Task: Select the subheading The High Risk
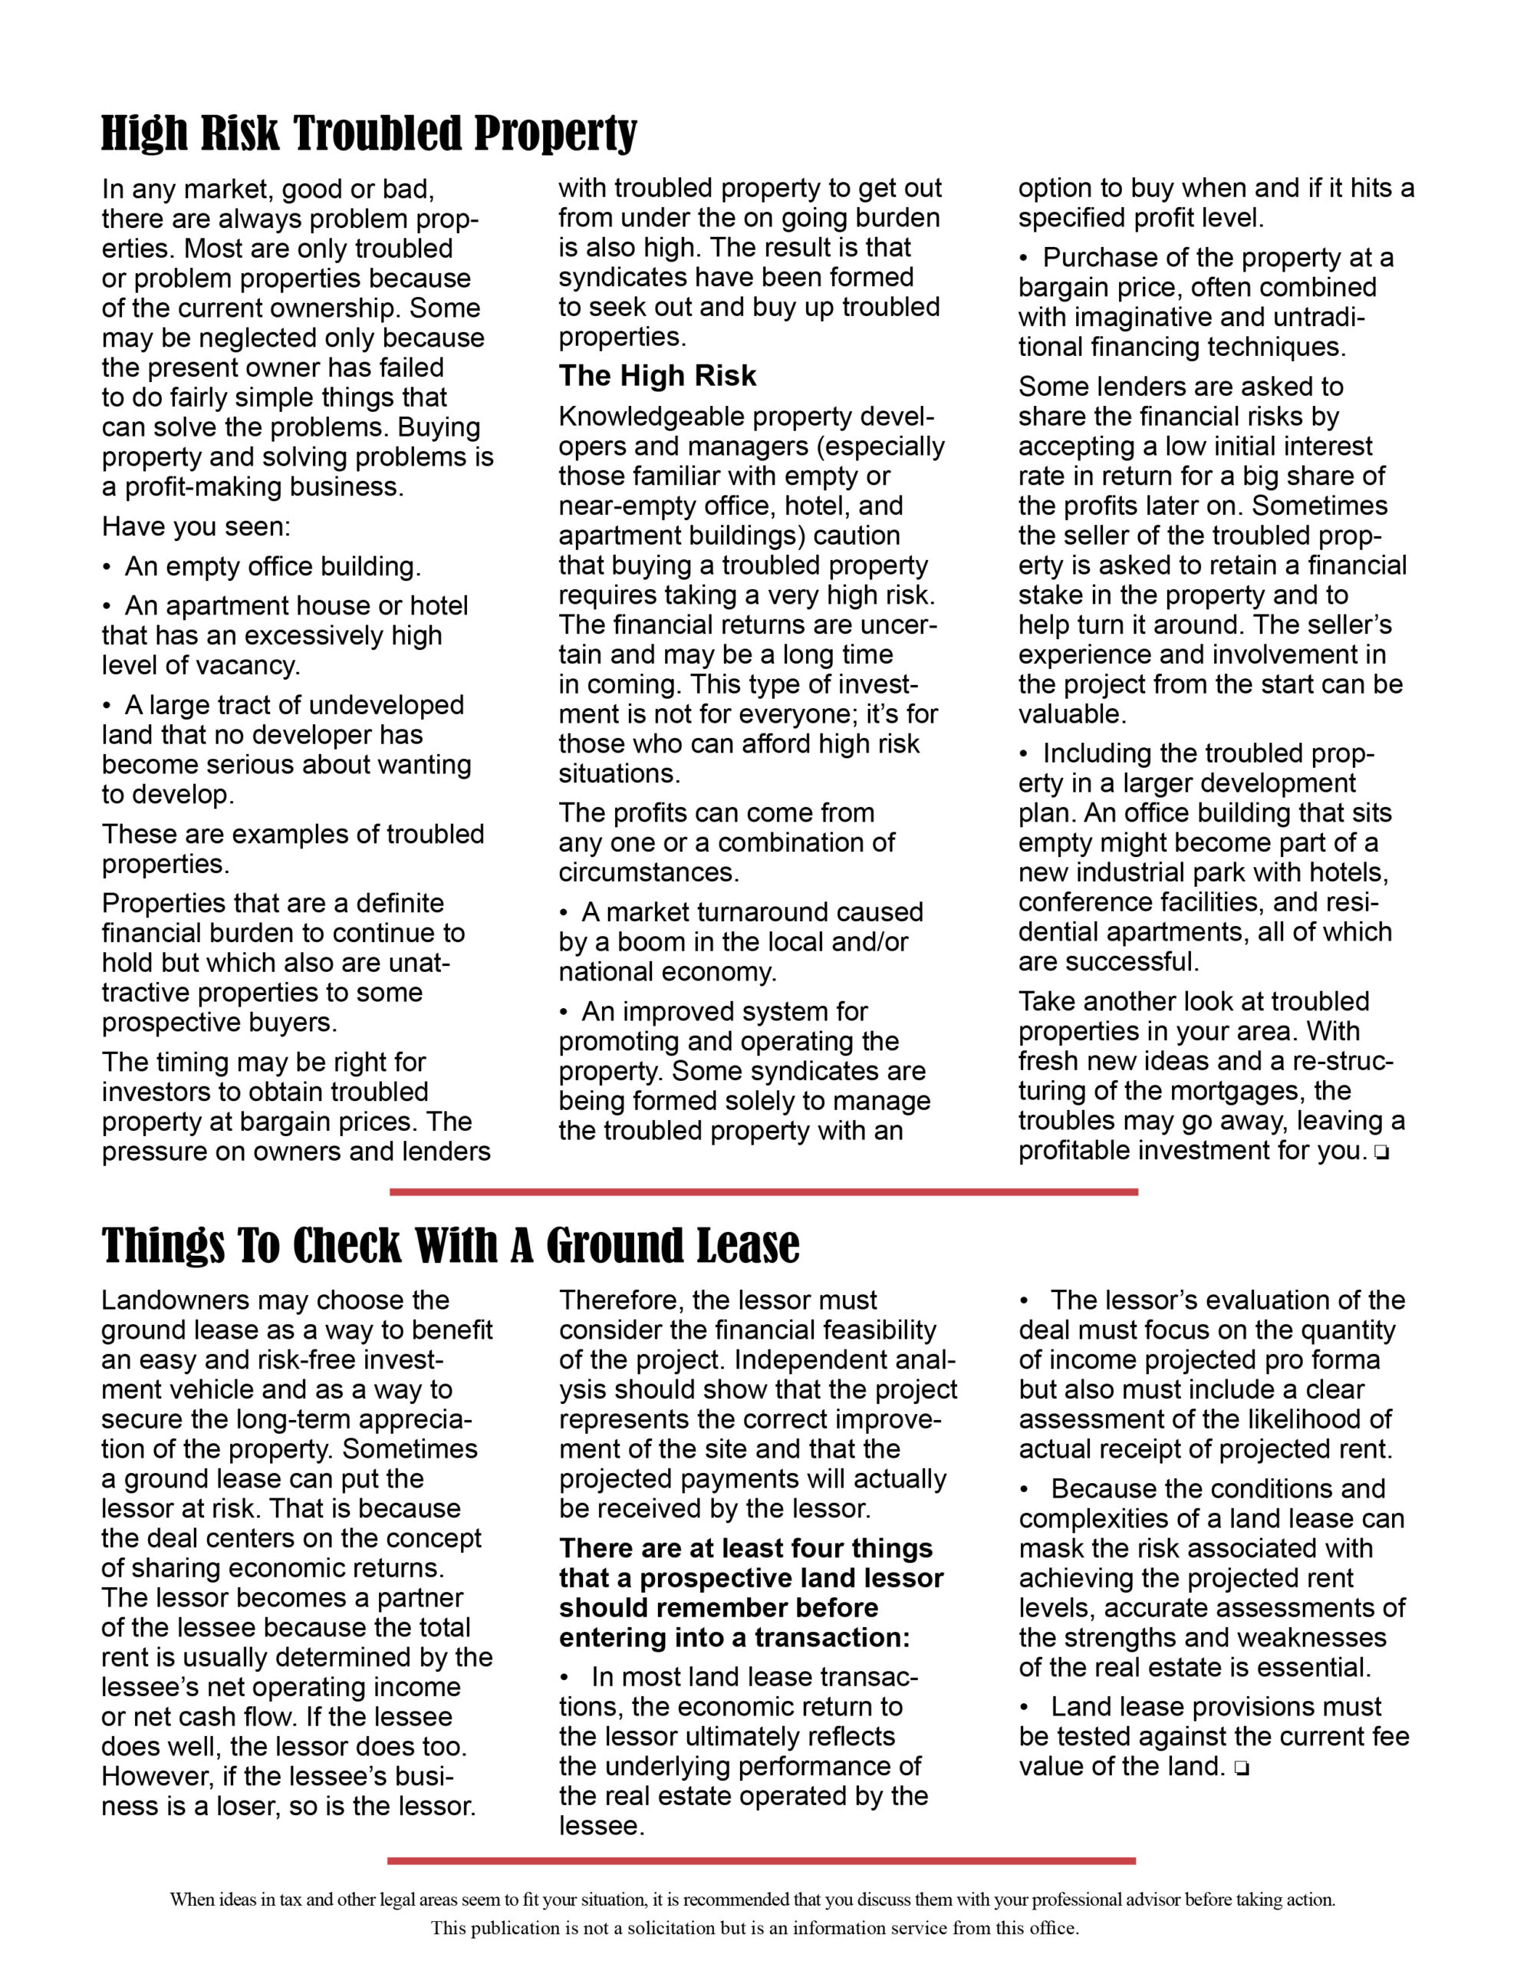[657, 376]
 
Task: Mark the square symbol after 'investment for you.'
[1381, 1153]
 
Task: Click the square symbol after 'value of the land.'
[1241, 1769]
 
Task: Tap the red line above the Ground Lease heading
[763, 1191]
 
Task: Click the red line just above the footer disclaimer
[762, 1860]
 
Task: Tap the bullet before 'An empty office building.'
[107, 568]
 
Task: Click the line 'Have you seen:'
[196, 527]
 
